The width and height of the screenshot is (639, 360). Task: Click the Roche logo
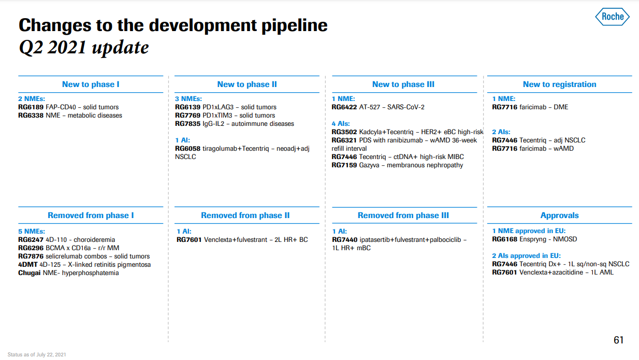pos(612,17)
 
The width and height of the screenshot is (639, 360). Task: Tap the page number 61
pos(618,340)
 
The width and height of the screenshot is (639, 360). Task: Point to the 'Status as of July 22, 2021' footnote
pos(37,355)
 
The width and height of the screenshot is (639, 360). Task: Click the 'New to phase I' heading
pos(91,84)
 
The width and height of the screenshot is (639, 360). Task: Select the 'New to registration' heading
pos(559,84)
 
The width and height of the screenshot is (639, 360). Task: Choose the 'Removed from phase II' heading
pos(245,215)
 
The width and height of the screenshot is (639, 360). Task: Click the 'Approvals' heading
pos(559,215)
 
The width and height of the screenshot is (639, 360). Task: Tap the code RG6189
pos(31,107)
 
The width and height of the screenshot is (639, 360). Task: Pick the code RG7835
pos(187,124)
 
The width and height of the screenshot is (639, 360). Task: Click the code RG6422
pos(344,107)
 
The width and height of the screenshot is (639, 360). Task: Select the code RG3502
pos(344,132)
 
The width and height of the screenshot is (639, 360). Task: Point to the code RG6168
pos(505,239)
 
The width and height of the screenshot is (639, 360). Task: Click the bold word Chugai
pos(30,273)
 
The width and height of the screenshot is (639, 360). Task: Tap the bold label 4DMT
pos(27,265)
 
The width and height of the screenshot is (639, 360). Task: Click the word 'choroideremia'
pos(94,240)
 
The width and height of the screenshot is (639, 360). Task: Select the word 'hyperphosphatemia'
pos(90,273)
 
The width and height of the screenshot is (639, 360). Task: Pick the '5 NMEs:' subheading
pos(32,232)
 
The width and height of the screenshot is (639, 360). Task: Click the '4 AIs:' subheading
pos(341,124)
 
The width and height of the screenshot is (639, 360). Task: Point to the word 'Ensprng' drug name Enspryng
pos(533,240)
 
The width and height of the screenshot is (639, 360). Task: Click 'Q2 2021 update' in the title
pos(84,47)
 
